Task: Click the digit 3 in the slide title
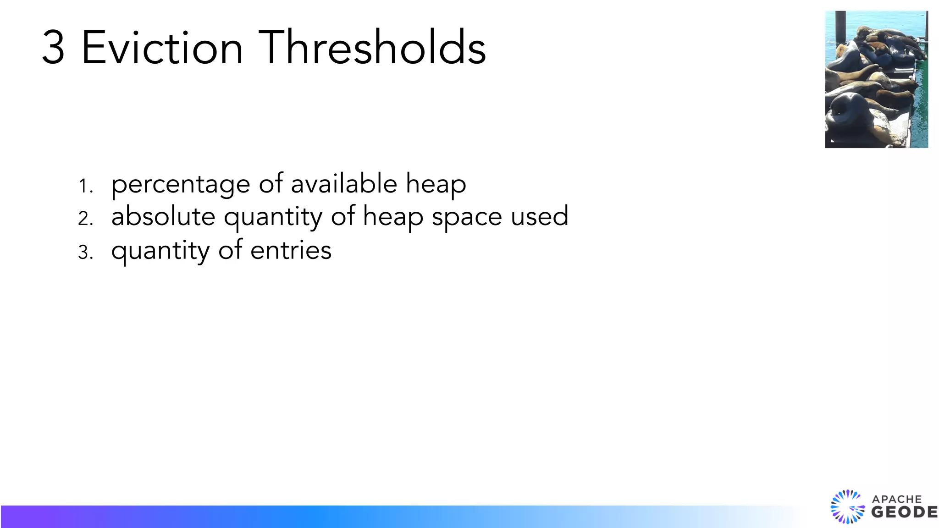(x=53, y=47)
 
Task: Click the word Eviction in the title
(x=162, y=47)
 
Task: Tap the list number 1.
(x=85, y=187)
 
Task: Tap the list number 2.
(x=85, y=219)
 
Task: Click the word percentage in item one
(x=181, y=185)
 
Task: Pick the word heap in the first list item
(x=436, y=185)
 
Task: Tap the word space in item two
(x=467, y=217)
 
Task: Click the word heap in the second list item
(x=393, y=217)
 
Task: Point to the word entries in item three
(x=291, y=250)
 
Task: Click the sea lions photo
(x=876, y=79)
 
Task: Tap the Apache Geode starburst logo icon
(x=847, y=506)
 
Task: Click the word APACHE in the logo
(x=897, y=499)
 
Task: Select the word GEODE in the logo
(x=904, y=512)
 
